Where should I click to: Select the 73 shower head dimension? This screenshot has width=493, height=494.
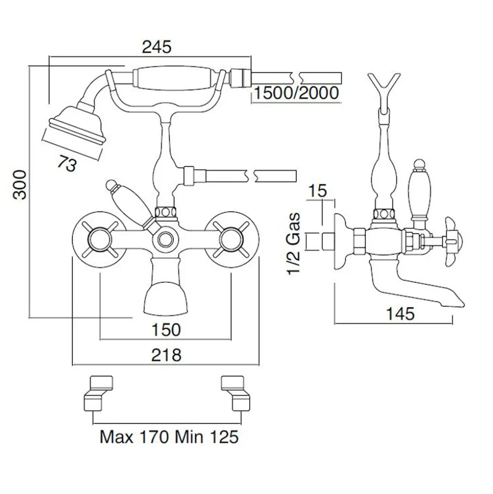(x=67, y=164)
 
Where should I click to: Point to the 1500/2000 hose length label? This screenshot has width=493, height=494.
(x=296, y=93)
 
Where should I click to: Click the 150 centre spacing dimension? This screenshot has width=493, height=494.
(x=166, y=330)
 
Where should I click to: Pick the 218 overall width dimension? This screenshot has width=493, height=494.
(x=166, y=356)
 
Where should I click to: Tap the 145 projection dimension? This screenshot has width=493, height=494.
(x=400, y=314)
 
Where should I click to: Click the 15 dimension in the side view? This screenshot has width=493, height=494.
(x=317, y=191)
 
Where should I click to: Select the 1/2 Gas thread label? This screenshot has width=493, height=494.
(x=294, y=244)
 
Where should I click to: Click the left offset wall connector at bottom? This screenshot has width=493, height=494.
(x=98, y=393)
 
